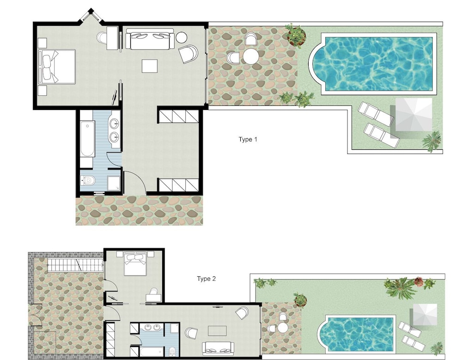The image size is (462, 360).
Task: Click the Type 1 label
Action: pos(248,140)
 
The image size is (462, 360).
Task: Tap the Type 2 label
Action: pos(206,279)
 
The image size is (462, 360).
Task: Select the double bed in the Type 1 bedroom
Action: pos(57,67)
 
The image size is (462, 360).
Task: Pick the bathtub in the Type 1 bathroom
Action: pos(87,139)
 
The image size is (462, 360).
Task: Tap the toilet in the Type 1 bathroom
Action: pos(88,180)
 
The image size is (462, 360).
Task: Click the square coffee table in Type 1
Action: pos(149,66)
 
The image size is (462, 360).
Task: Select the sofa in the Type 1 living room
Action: pos(150,39)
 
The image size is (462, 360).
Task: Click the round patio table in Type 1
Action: pos(251,56)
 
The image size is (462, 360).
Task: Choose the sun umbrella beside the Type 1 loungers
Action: pos(413,115)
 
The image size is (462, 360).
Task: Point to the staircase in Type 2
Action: pos(75,265)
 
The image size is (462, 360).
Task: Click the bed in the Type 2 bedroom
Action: pos(135,263)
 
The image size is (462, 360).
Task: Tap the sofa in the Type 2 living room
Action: pos(218,348)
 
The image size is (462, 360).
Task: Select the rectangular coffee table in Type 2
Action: pos(217,331)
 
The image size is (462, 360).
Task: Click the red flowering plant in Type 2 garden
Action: pos(419,281)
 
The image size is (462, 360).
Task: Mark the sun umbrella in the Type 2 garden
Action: pos(425,314)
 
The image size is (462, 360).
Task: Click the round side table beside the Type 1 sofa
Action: pos(181,37)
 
